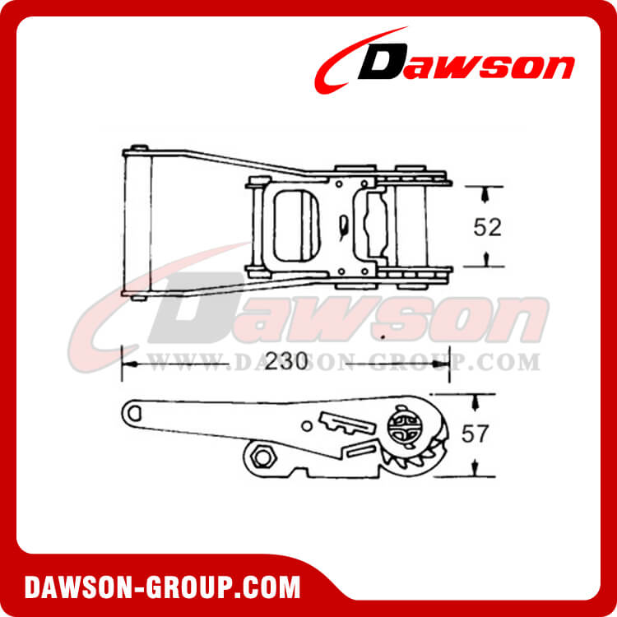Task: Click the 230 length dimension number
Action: (285, 361)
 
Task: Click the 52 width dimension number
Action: (487, 227)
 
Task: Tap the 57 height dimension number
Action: (475, 434)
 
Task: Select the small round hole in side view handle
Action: (307, 425)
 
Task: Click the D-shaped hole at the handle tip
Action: (134, 412)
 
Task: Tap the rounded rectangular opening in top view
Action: (296, 225)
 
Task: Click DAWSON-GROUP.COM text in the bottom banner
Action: (162, 587)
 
